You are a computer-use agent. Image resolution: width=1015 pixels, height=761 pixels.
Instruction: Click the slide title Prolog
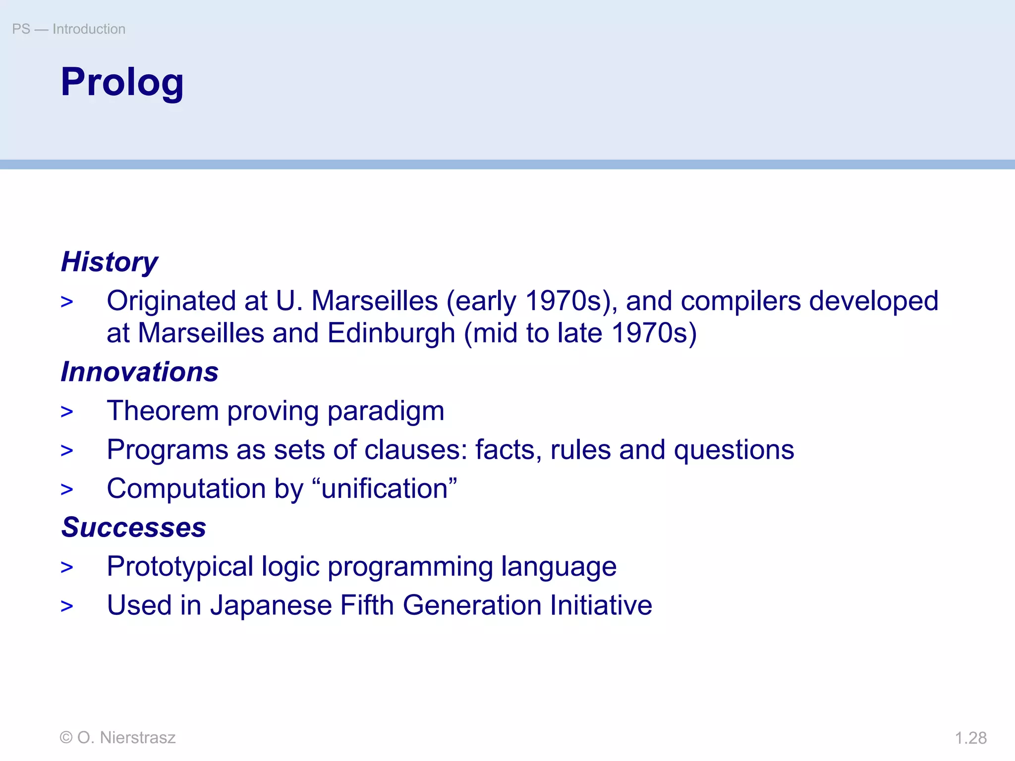point(122,82)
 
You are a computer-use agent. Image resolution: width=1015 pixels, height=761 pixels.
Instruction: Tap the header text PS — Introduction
point(68,29)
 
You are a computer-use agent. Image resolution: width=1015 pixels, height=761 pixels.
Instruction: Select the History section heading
point(109,262)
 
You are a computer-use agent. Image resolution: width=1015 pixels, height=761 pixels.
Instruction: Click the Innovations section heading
point(139,372)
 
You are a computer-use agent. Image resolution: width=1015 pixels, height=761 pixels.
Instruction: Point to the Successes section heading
point(133,527)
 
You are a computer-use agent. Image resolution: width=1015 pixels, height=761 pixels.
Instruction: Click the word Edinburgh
point(391,333)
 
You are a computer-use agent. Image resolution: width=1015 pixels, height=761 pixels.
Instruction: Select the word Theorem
point(163,411)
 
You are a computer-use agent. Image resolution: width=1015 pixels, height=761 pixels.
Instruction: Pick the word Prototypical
point(180,566)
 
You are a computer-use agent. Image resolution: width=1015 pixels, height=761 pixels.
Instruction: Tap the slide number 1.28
point(970,738)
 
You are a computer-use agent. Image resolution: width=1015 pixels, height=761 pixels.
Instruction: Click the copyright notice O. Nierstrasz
point(117,738)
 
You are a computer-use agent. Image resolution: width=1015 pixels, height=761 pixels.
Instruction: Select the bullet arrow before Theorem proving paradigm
point(67,412)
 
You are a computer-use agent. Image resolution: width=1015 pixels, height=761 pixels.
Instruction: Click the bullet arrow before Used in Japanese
point(67,606)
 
